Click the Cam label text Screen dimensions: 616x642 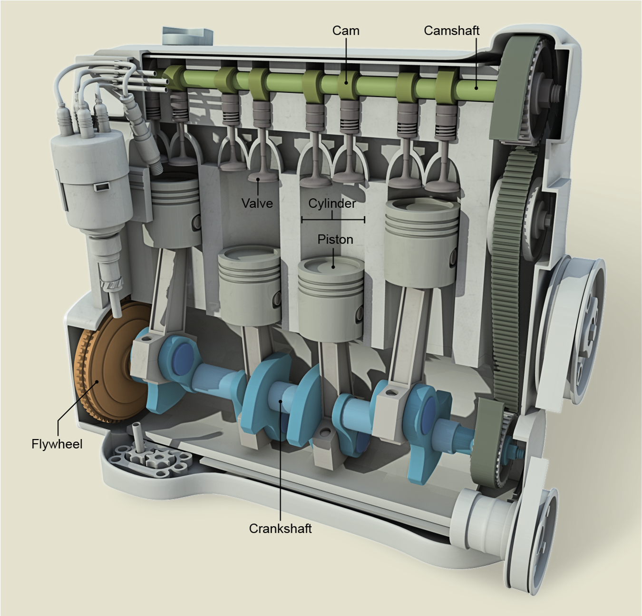pos(346,30)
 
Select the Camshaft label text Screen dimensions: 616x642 pos(451,30)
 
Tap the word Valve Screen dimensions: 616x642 pos(257,204)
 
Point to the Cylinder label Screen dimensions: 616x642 pos(332,203)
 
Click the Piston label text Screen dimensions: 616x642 pos(335,239)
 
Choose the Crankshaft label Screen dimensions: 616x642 pos(280,528)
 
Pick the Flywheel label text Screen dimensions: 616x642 pos(57,444)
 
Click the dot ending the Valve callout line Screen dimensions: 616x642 pos(258,180)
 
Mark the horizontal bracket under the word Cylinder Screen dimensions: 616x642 pos(333,220)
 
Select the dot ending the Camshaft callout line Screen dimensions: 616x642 pos(476,87)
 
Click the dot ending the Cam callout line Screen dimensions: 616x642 pos(346,82)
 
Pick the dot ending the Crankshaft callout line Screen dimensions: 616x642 pos(281,401)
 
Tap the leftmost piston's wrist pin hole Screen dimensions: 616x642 pos(196,222)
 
